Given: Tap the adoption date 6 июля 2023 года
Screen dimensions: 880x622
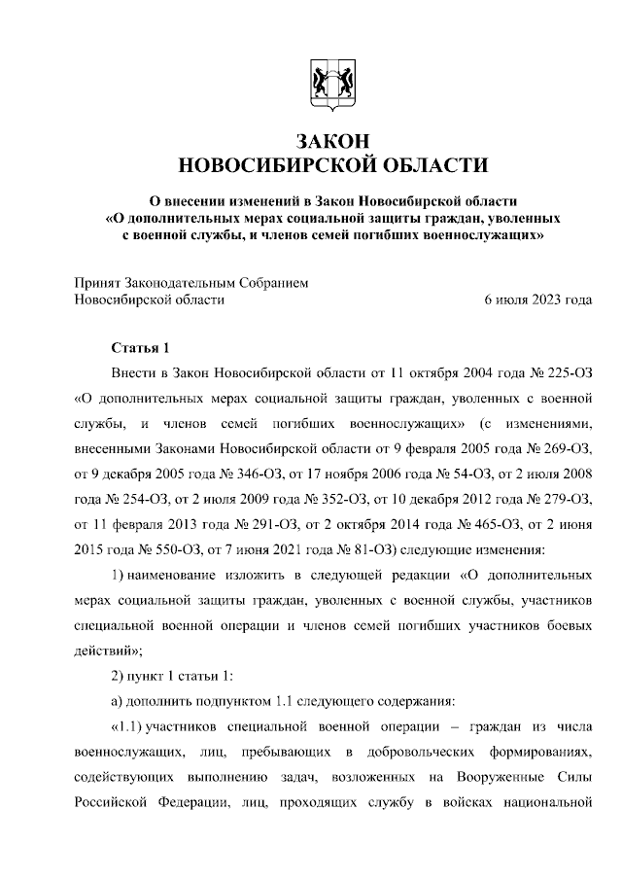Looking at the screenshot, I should (x=537, y=299).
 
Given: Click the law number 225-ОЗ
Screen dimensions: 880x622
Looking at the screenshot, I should (x=562, y=373).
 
